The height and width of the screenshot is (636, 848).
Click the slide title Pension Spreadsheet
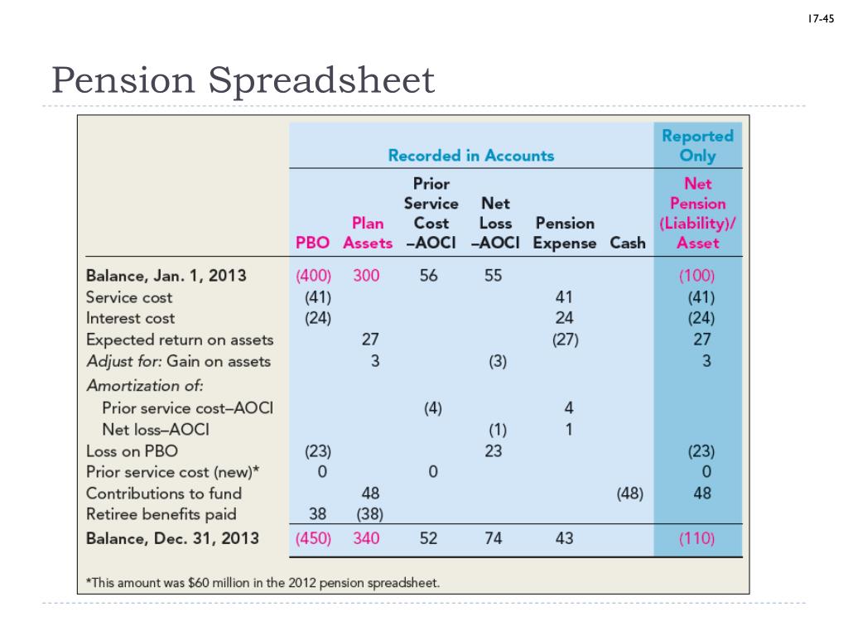[x=242, y=81]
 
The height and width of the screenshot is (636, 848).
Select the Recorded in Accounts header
[x=471, y=155]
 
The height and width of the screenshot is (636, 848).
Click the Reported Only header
[x=697, y=145]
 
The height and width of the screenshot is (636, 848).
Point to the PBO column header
[x=313, y=243]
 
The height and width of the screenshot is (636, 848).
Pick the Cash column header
[x=628, y=243]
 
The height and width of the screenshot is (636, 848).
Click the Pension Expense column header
[x=565, y=234]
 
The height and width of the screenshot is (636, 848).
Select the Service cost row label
[x=129, y=297]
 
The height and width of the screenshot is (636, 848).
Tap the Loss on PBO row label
[x=132, y=451]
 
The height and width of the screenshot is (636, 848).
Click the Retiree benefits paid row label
[x=161, y=514]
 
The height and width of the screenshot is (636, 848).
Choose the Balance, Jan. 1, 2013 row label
[x=166, y=276]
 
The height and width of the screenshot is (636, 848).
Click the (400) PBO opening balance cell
[x=314, y=276]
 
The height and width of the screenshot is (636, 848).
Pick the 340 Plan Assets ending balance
[x=366, y=538]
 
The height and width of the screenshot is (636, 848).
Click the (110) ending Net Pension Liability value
[x=696, y=538]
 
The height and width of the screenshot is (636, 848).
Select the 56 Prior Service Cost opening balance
[x=428, y=276]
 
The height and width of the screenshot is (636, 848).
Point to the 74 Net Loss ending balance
[x=493, y=538]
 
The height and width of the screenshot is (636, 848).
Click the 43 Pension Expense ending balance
[x=564, y=538]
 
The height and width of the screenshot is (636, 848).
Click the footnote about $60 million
[x=263, y=582]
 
